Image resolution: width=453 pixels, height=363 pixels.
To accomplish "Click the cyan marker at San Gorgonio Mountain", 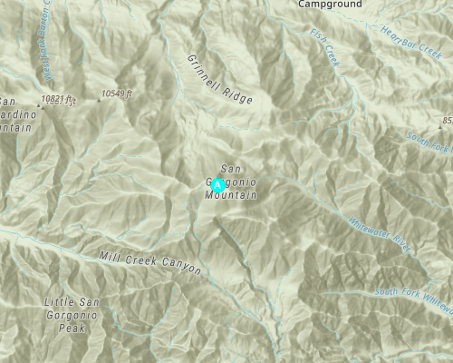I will (217, 185).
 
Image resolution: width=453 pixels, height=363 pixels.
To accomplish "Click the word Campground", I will (330, 5).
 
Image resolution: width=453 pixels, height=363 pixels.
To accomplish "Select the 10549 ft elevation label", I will (118, 93).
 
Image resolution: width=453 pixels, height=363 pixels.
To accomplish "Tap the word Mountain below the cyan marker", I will (231, 195).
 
